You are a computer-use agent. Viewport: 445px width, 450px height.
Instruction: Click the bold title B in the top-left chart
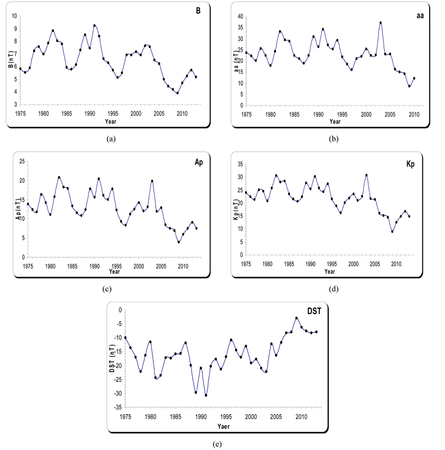click(x=198, y=11)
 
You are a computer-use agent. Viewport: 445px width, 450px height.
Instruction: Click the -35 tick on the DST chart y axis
click(x=119, y=408)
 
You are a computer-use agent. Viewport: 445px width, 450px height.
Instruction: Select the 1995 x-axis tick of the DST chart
click(x=225, y=417)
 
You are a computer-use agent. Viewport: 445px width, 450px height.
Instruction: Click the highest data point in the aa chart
click(x=380, y=23)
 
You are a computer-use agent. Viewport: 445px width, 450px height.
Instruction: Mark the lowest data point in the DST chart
click(x=206, y=395)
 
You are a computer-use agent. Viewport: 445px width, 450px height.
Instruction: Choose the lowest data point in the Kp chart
click(x=392, y=231)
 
